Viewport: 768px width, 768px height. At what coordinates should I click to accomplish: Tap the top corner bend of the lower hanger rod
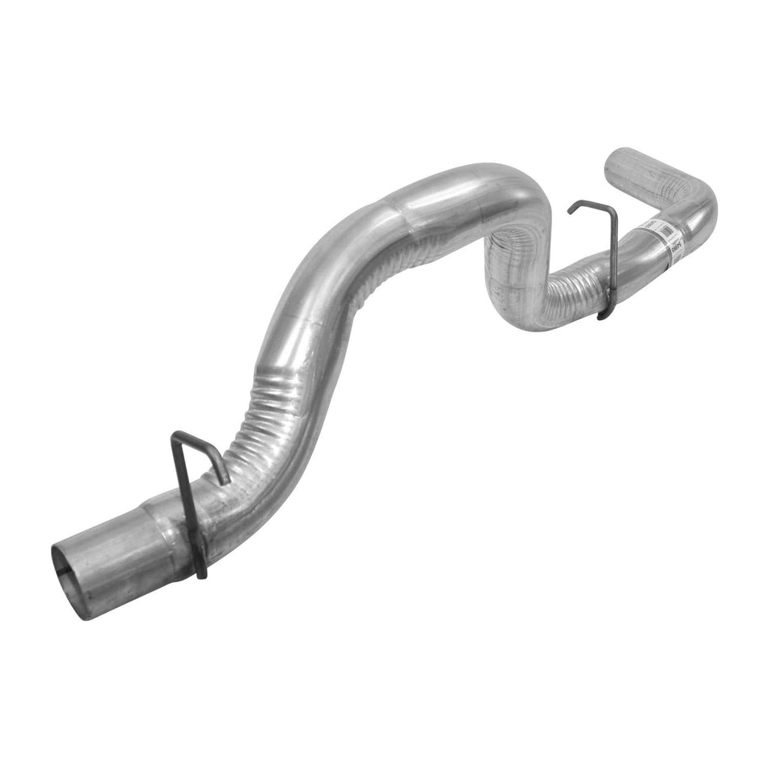click(x=176, y=437)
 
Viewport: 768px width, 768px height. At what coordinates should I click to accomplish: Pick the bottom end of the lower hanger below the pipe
click(x=202, y=575)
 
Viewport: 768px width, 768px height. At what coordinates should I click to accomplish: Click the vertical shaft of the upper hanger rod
click(x=611, y=259)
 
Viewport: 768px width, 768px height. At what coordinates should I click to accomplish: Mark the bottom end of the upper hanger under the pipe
click(x=601, y=316)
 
